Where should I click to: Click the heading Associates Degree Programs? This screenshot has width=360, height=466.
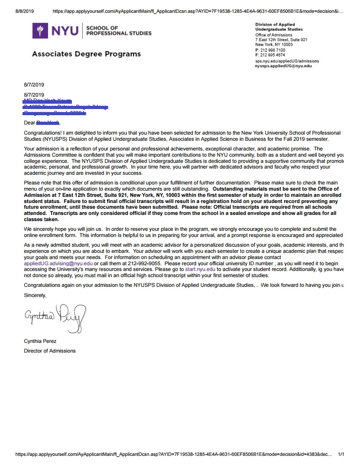point(86,54)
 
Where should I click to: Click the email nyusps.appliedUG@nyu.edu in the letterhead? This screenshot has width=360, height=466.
point(283,66)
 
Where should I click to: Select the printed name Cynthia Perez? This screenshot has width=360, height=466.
point(40,341)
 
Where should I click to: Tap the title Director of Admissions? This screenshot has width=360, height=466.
point(49,351)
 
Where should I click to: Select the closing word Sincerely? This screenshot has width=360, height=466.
point(35,295)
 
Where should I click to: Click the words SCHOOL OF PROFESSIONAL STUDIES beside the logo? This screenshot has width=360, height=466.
point(118,30)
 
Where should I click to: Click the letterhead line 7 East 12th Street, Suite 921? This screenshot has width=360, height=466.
point(281,40)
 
